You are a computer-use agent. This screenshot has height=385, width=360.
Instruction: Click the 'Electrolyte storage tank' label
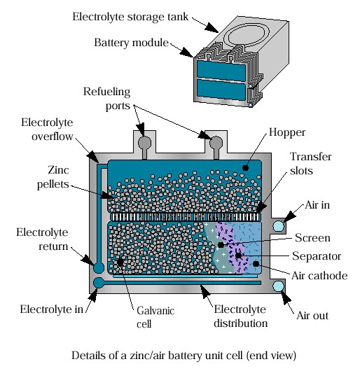pos(130,17)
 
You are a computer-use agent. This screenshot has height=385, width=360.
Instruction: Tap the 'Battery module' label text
pos(131,43)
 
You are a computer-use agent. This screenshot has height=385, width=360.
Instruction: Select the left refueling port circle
pos(144,142)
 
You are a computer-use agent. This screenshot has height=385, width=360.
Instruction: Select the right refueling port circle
pos(216,142)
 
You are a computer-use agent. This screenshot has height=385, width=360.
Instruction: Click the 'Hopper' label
pos(287,132)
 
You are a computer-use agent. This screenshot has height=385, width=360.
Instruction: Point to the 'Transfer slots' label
pos(310,164)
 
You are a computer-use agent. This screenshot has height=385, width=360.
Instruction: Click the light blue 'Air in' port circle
pos(279,225)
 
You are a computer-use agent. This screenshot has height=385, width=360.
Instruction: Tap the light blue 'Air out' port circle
pos(279,286)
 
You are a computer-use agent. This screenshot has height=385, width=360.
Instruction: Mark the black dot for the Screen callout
pos(221,245)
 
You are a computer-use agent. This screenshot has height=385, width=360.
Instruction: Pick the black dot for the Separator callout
pos(238,255)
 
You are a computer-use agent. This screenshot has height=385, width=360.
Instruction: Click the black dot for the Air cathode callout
pos(256,264)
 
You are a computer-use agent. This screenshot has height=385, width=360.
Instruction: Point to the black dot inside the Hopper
pos(245,168)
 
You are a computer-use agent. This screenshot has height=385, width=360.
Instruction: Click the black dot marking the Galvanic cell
pos(120,262)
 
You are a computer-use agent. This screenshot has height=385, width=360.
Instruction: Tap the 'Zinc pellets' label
pos(53,177)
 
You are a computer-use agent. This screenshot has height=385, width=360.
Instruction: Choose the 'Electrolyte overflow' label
pos(47,129)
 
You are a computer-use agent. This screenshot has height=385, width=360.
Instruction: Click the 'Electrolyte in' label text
pos(52,309)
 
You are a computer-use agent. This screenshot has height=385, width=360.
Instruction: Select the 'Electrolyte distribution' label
pos(240,316)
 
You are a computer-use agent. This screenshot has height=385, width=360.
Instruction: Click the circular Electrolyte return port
pos(99,268)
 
